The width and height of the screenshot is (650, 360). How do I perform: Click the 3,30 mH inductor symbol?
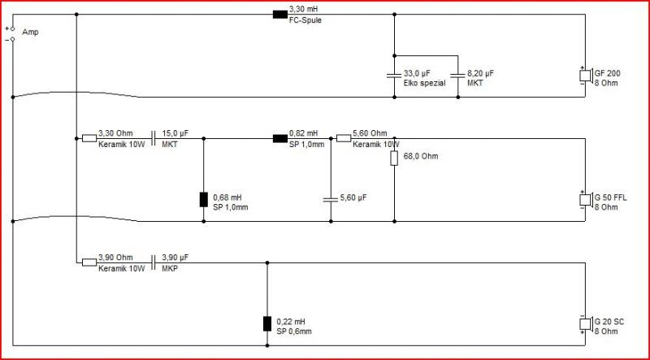(x=280, y=15)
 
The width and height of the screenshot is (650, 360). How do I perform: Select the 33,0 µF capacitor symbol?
(x=394, y=76)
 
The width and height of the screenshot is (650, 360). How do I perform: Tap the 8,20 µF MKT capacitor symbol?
(x=458, y=76)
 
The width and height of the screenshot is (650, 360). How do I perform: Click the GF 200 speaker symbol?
(x=586, y=76)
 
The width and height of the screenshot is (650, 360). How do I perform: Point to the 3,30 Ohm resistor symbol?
(x=89, y=138)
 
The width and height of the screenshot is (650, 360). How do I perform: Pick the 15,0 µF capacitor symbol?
(x=154, y=138)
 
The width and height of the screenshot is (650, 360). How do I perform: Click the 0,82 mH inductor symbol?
(x=280, y=138)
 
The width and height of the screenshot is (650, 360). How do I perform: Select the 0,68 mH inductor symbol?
(x=204, y=199)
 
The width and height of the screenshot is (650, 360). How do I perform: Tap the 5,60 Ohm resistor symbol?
(x=344, y=138)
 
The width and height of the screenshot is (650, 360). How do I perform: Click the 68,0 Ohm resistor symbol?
(x=394, y=158)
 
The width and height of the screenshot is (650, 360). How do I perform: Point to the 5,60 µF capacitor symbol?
(x=331, y=200)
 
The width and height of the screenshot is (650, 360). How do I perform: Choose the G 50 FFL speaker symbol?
(x=586, y=200)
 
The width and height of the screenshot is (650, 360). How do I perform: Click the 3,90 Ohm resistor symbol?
(x=89, y=262)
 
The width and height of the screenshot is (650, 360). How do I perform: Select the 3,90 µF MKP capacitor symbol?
(x=154, y=262)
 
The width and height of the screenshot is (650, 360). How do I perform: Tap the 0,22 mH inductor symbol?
(x=267, y=323)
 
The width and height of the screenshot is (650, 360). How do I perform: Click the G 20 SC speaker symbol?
(x=586, y=324)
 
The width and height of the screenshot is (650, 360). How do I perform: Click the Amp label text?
(x=31, y=33)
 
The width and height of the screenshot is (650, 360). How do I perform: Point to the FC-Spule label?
(x=305, y=21)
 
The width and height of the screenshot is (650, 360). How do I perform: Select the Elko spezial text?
(x=424, y=83)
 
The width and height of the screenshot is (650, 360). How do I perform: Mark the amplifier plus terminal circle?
(x=12, y=29)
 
